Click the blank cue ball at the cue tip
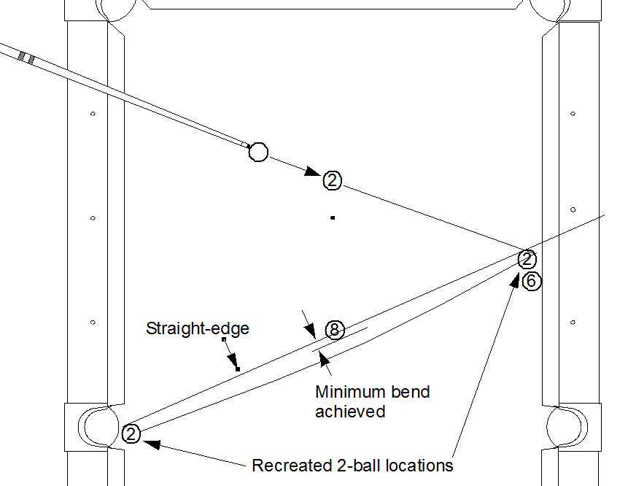pos(258,152)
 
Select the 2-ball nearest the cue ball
pos(332,180)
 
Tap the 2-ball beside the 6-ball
pos(527,259)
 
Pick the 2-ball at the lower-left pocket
pos(131,434)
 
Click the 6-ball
pos(532,281)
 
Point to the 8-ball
pos(334,330)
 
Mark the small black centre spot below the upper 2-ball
pos(333,217)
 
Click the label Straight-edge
pos(198,328)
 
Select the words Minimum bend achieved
pos(372,401)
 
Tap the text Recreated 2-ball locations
pos(352,465)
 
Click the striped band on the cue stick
pos(26,58)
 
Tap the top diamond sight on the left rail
pos(93,114)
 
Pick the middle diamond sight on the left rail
pos(93,217)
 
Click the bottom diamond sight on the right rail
pos(573,322)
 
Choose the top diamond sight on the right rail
pos(573,114)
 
